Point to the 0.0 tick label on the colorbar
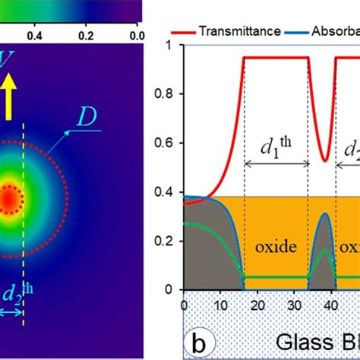point(136,35)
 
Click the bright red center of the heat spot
point(8,199)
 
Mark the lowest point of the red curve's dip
point(324,161)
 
